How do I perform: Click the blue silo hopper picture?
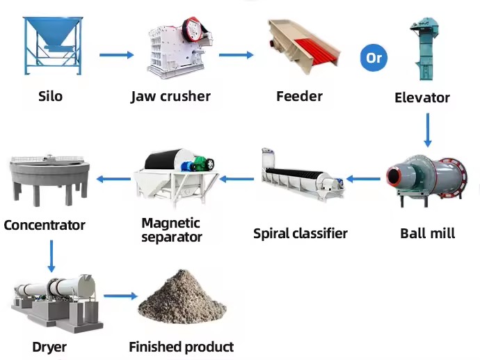(53, 45)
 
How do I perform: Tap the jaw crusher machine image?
(179, 48)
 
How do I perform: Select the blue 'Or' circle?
(374, 58)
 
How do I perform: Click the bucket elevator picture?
(424, 49)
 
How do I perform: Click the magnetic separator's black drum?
(161, 159)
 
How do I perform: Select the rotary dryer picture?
(57, 304)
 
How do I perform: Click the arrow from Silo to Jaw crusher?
(117, 55)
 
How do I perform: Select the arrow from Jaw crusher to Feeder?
(237, 55)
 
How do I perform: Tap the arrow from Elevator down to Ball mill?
(428, 130)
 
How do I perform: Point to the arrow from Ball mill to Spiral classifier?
(363, 179)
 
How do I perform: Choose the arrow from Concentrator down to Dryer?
(51, 256)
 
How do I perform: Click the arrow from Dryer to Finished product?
(120, 296)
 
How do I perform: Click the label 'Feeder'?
(299, 96)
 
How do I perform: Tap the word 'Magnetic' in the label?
(171, 224)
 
